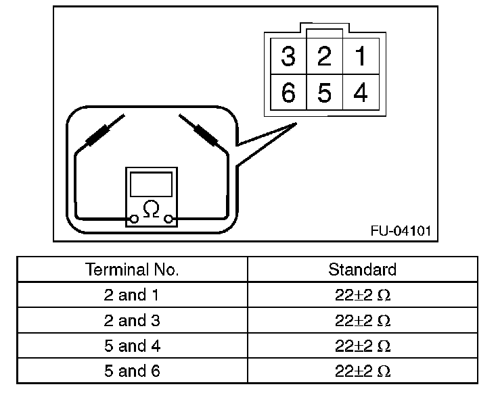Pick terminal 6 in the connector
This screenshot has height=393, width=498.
288,93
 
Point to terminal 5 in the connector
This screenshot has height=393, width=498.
324,93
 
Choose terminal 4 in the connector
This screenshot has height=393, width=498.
361,93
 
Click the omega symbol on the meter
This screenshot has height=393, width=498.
152,209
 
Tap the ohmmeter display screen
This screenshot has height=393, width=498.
152,183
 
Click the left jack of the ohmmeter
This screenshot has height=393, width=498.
135,218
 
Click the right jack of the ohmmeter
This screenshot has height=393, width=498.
169,218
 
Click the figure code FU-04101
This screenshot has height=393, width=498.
399,230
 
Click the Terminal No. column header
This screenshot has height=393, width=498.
133,270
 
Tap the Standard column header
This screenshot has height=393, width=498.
362,270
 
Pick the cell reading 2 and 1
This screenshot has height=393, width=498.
133,295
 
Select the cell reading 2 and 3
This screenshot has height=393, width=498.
133,321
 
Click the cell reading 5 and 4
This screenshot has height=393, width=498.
133,346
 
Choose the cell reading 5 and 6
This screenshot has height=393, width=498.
133,371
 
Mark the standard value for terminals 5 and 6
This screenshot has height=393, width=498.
362,371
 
